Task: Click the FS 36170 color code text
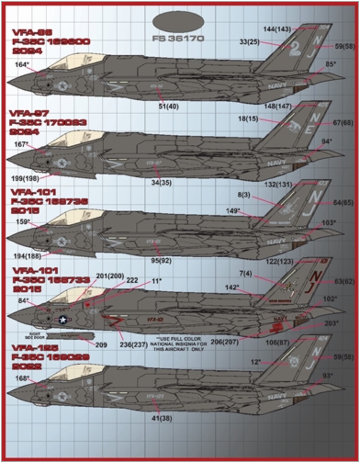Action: (x=178, y=39)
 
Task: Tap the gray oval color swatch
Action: (x=178, y=22)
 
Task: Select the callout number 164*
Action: (x=21, y=65)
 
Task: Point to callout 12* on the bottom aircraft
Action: (x=256, y=361)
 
